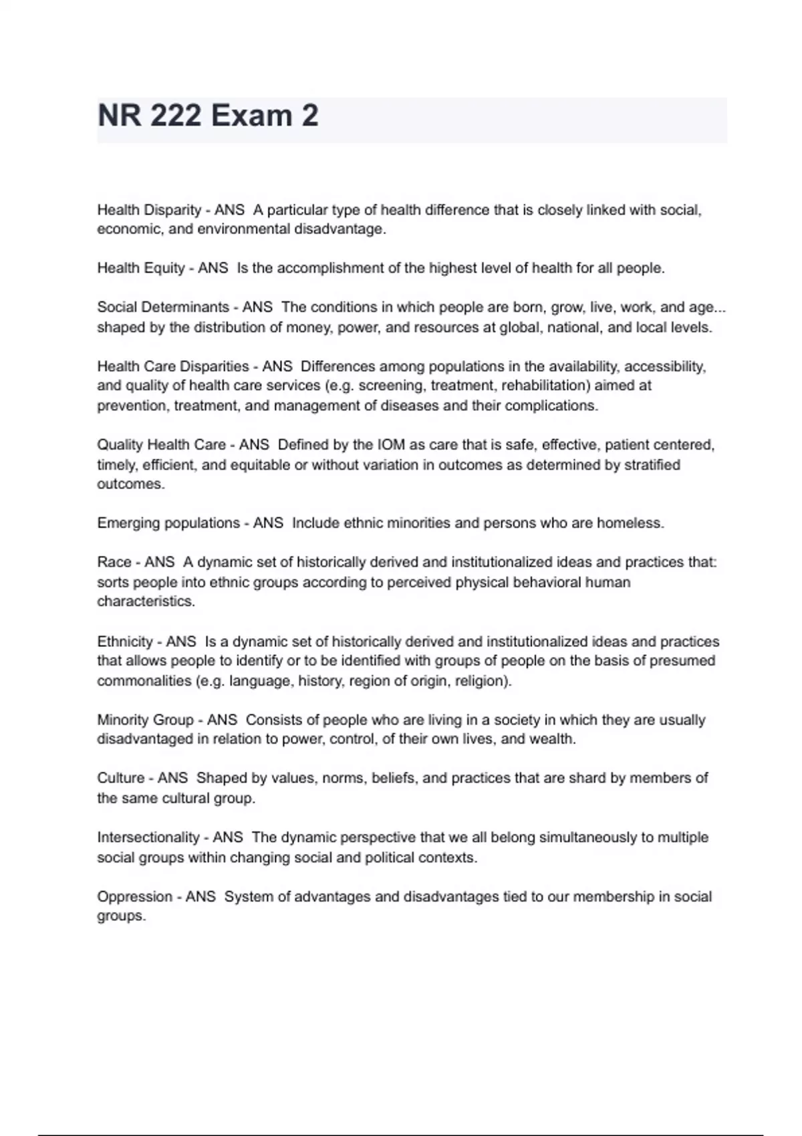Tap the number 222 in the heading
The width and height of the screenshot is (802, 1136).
(x=176, y=116)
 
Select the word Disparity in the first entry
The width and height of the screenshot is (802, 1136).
(x=173, y=210)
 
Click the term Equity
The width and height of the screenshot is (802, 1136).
(x=164, y=268)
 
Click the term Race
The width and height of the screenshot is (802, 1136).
(x=114, y=562)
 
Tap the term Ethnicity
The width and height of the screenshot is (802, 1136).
(x=125, y=642)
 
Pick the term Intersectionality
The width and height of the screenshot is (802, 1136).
(x=148, y=837)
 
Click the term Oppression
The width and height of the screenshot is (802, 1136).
(x=135, y=897)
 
